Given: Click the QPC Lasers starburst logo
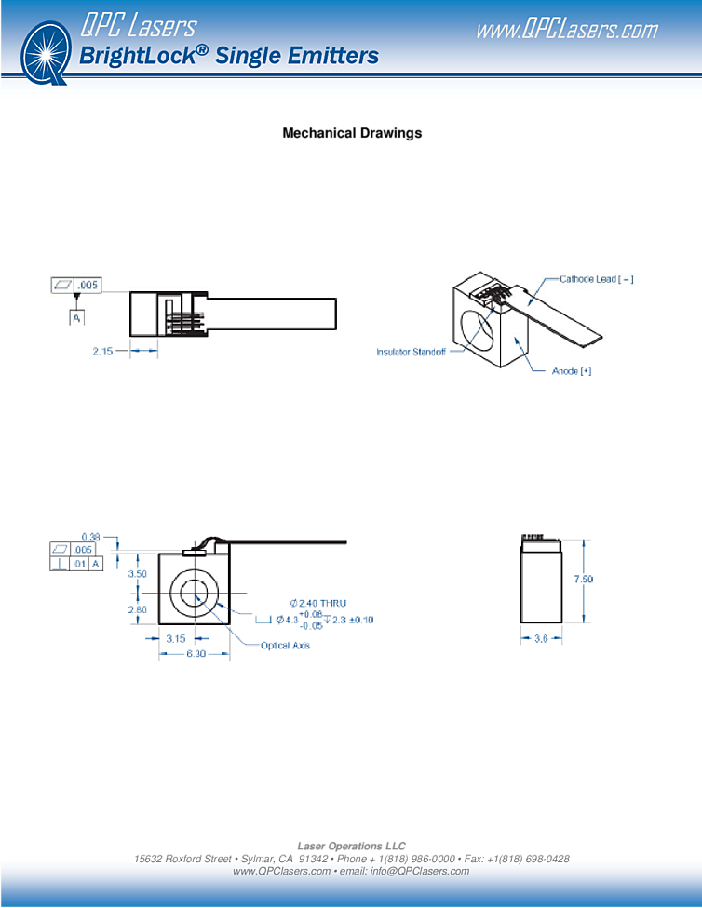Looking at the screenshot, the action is click(x=46, y=53).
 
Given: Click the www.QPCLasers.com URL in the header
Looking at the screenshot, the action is click(x=567, y=30).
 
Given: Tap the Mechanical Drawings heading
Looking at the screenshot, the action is click(x=352, y=133).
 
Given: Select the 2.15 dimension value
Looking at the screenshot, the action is click(x=102, y=351).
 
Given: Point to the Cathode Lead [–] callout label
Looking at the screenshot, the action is click(x=597, y=279).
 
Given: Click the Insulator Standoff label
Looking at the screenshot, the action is click(x=411, y=352).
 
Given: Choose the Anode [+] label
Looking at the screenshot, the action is click(x=572, y=371).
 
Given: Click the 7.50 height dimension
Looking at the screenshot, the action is click(x=583, y=579).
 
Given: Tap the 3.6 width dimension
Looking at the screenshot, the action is click(x=541, y=639).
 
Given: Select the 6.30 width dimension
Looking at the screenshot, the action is click(x=196, y=654).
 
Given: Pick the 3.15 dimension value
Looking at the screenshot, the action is click(x=176, y=639).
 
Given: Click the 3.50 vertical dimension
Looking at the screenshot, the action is click(x=138, y=574).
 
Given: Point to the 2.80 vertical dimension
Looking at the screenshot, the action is click(x=138, y=609).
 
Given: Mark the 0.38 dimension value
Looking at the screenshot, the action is click(x=91, y=538).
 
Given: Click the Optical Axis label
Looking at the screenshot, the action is click(x=285, y=646).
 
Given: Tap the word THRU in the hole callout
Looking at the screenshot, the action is click(x=332, y=604).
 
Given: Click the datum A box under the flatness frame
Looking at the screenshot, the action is click(x=76, y=318).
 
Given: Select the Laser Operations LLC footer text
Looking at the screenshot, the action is click(x=351, y=846).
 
